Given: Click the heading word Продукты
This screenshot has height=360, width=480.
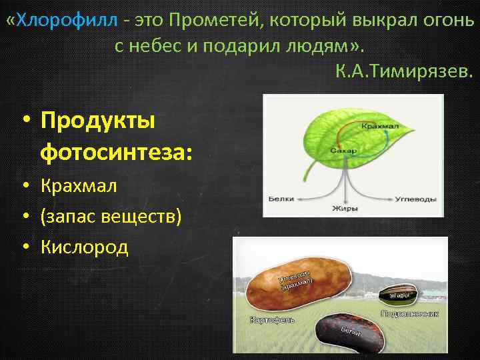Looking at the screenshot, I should coord(97,121).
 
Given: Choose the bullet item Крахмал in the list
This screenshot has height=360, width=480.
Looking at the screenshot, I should coord(78,186).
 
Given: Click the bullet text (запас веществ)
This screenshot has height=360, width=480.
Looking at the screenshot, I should coord(110,217).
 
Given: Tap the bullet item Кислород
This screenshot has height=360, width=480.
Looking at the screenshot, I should coord(84,247).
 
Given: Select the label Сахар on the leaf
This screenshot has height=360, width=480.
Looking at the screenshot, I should coord(343,150).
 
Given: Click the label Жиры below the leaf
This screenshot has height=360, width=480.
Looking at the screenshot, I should coord(345,209).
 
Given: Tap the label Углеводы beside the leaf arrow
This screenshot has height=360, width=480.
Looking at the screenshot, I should coord(415,199).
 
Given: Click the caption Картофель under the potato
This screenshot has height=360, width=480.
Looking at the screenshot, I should coord(271,320).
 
